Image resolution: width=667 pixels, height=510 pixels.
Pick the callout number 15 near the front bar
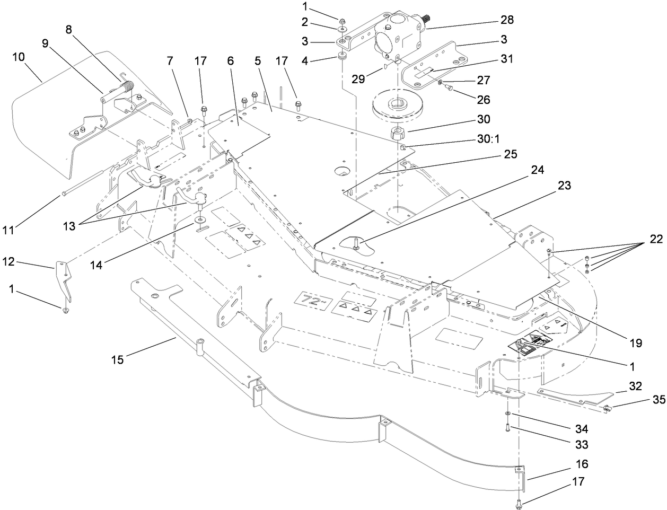pos(117,359)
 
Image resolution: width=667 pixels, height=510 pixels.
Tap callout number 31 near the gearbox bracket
pos(506,59)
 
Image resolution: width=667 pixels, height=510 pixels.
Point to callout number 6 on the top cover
pos(230,61)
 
